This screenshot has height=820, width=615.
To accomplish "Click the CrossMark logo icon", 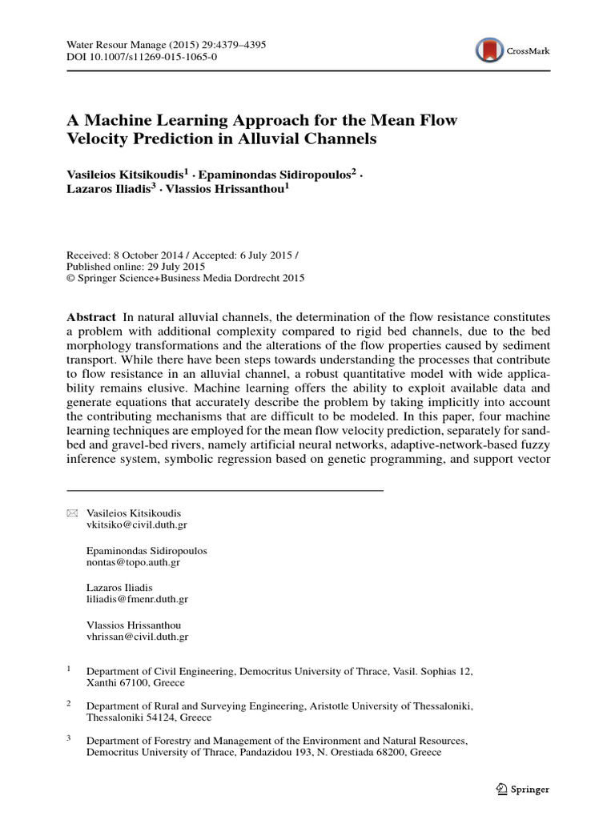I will (489, 50).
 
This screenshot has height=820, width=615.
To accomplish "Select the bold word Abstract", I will (90, 317).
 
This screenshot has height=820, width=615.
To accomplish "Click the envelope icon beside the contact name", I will (72, 512).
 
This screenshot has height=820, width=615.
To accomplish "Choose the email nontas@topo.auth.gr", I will (133, 562).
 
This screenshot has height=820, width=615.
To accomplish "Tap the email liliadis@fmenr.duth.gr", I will (137, 599).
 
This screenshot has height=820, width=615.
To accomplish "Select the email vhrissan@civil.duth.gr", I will (137, 637).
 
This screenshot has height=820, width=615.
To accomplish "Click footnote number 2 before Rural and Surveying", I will (69, 702).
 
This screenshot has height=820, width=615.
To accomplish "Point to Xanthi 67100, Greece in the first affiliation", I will (135, 683).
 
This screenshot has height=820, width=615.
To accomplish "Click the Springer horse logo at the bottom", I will (501, 789).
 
